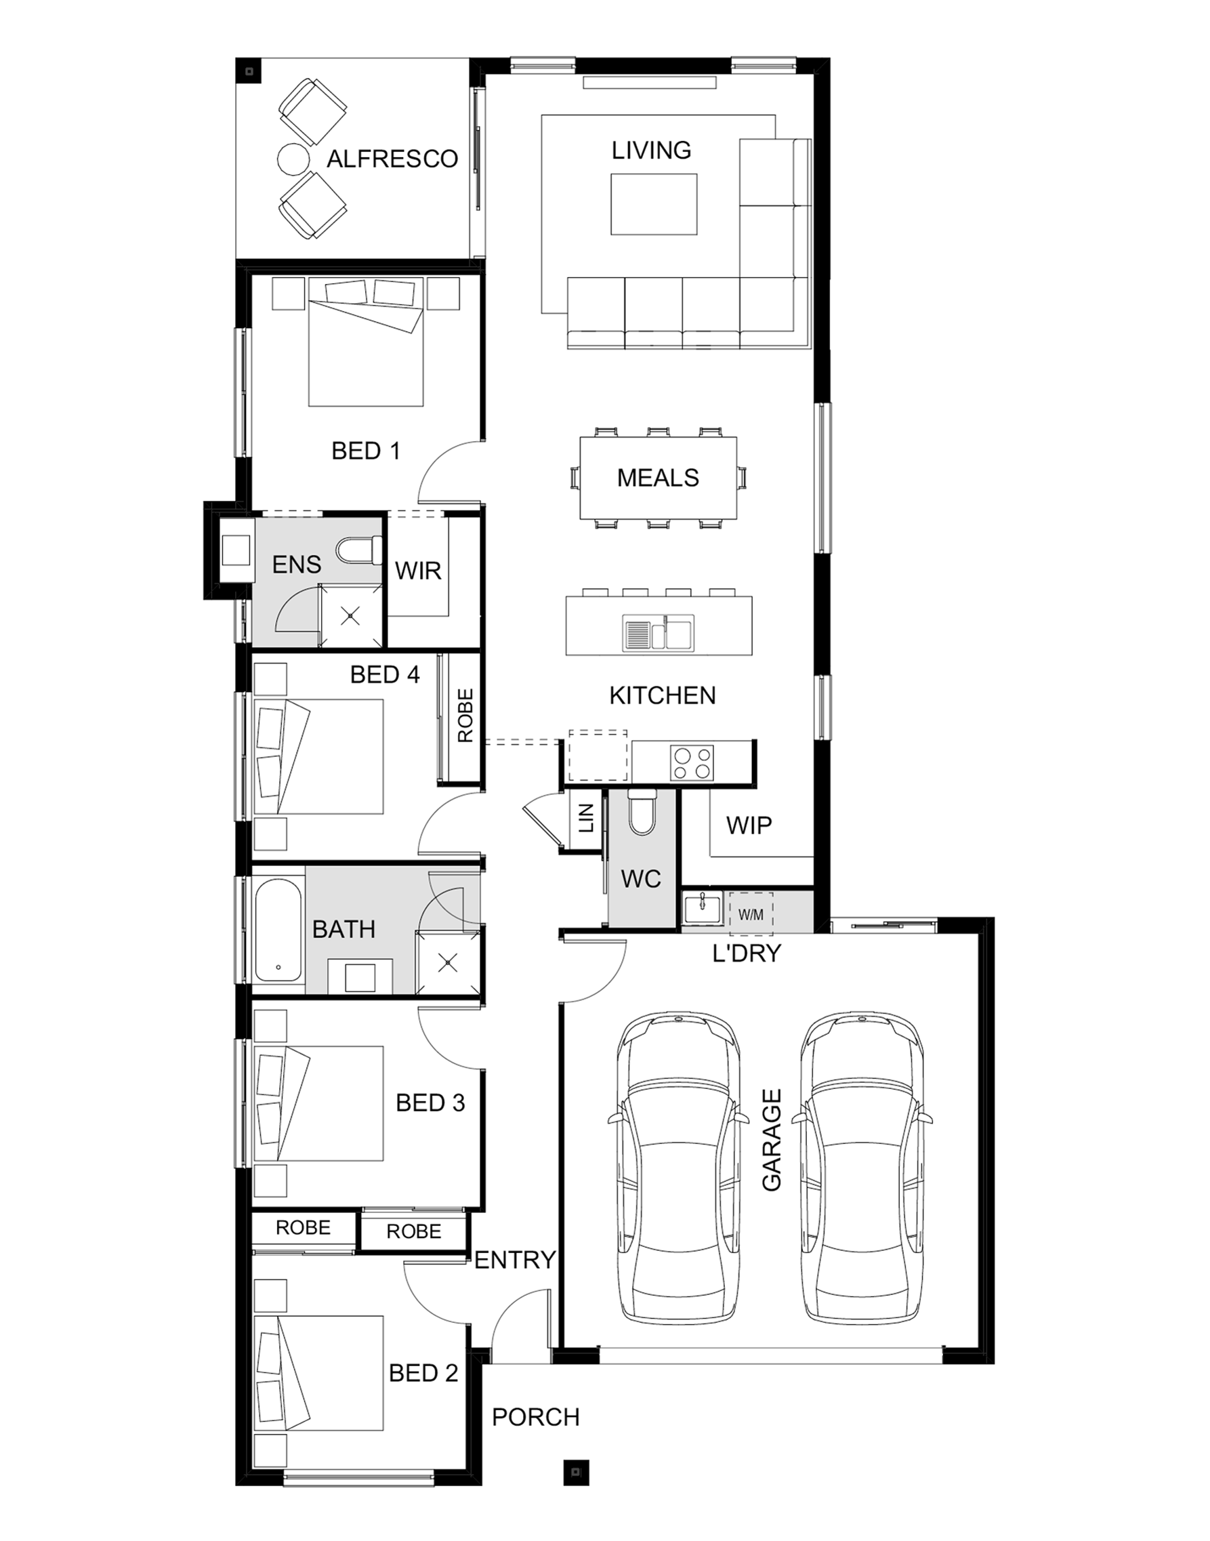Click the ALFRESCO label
[x=392, y=159]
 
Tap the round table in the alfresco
[x=293, y=159]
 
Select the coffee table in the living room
[x=654, y=204]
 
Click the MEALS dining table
[x=658, y=478]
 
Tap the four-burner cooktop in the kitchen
[x=692, y=763]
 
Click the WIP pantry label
[x=749, y=825]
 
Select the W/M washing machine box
[x=751, y=915]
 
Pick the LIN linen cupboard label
[x=587, y=818]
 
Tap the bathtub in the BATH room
[x=278, y=930]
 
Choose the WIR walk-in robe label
[x=418, y=571]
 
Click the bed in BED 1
[x=366, y=342]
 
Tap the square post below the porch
[x=576, y=1473]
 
